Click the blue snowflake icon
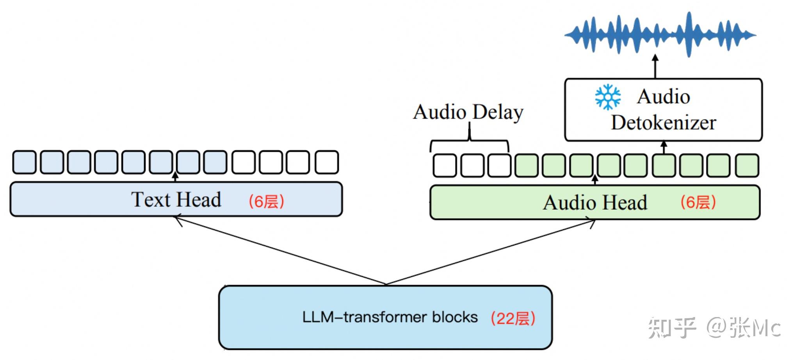click(x=608, y=97)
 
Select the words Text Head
click(x=176, y=200)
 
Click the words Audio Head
click(x=595, y=203)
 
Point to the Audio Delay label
click(x=468, y=112)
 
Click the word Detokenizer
click(x=663, y=123)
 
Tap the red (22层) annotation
click(x=513, y=318)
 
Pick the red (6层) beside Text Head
click(x=266, y=201)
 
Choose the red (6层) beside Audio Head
click(x=698, y=202)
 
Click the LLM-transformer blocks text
click(x=390, y=317)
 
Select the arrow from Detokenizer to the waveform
click(x=655, y=66)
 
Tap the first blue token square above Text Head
click(x=24, y=162)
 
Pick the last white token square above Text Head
click(x=327, y=162)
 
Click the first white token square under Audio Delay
click(x=445, y=165)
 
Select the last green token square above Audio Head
click(x=747, y=165)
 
